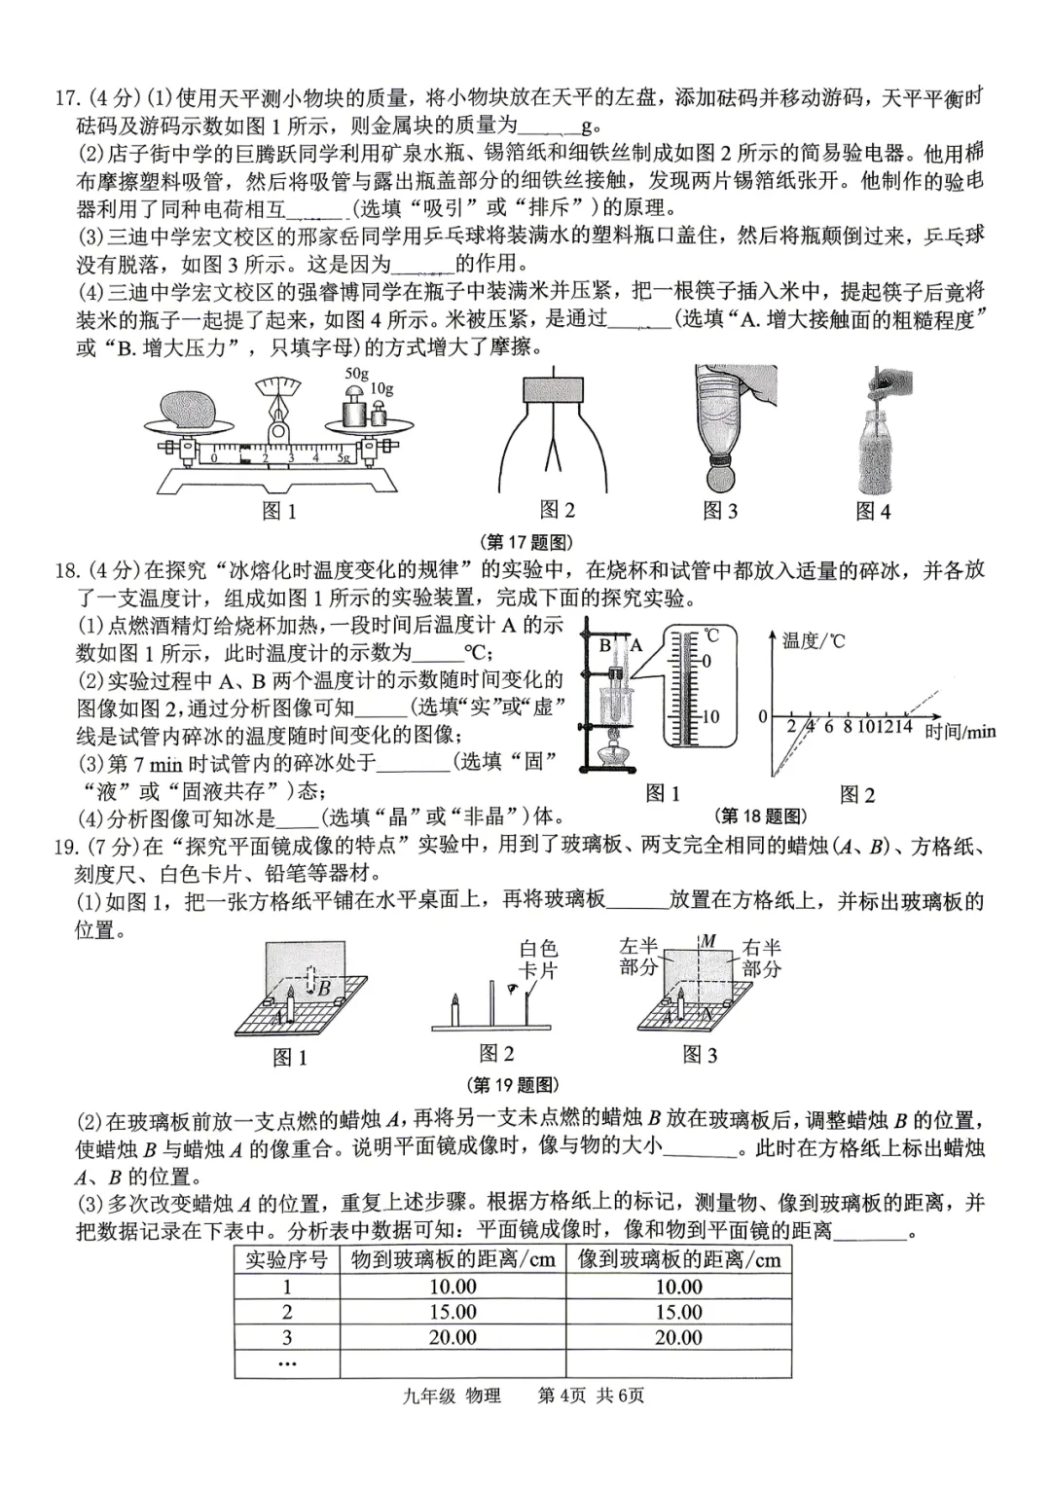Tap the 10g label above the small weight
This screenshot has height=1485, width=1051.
coord(382,389)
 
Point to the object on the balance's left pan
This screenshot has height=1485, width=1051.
coord(188,410)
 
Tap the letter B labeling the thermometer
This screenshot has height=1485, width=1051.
coord(604,645)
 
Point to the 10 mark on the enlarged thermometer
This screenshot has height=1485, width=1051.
coord(710,717)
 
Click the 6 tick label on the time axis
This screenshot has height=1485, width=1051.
coord(828,726)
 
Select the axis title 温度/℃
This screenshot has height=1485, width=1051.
coord(814,640)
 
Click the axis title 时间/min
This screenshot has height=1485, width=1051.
coord(960,731)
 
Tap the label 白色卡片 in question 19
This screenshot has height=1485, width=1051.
coord(538,959)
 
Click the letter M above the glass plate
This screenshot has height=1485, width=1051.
coord(708,941)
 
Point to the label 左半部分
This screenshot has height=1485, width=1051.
coord(639,957)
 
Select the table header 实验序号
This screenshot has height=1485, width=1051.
coord(286,1259)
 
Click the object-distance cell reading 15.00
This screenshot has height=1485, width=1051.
coord(453,1312)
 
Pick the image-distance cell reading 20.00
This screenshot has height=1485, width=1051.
coord(678,1337)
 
